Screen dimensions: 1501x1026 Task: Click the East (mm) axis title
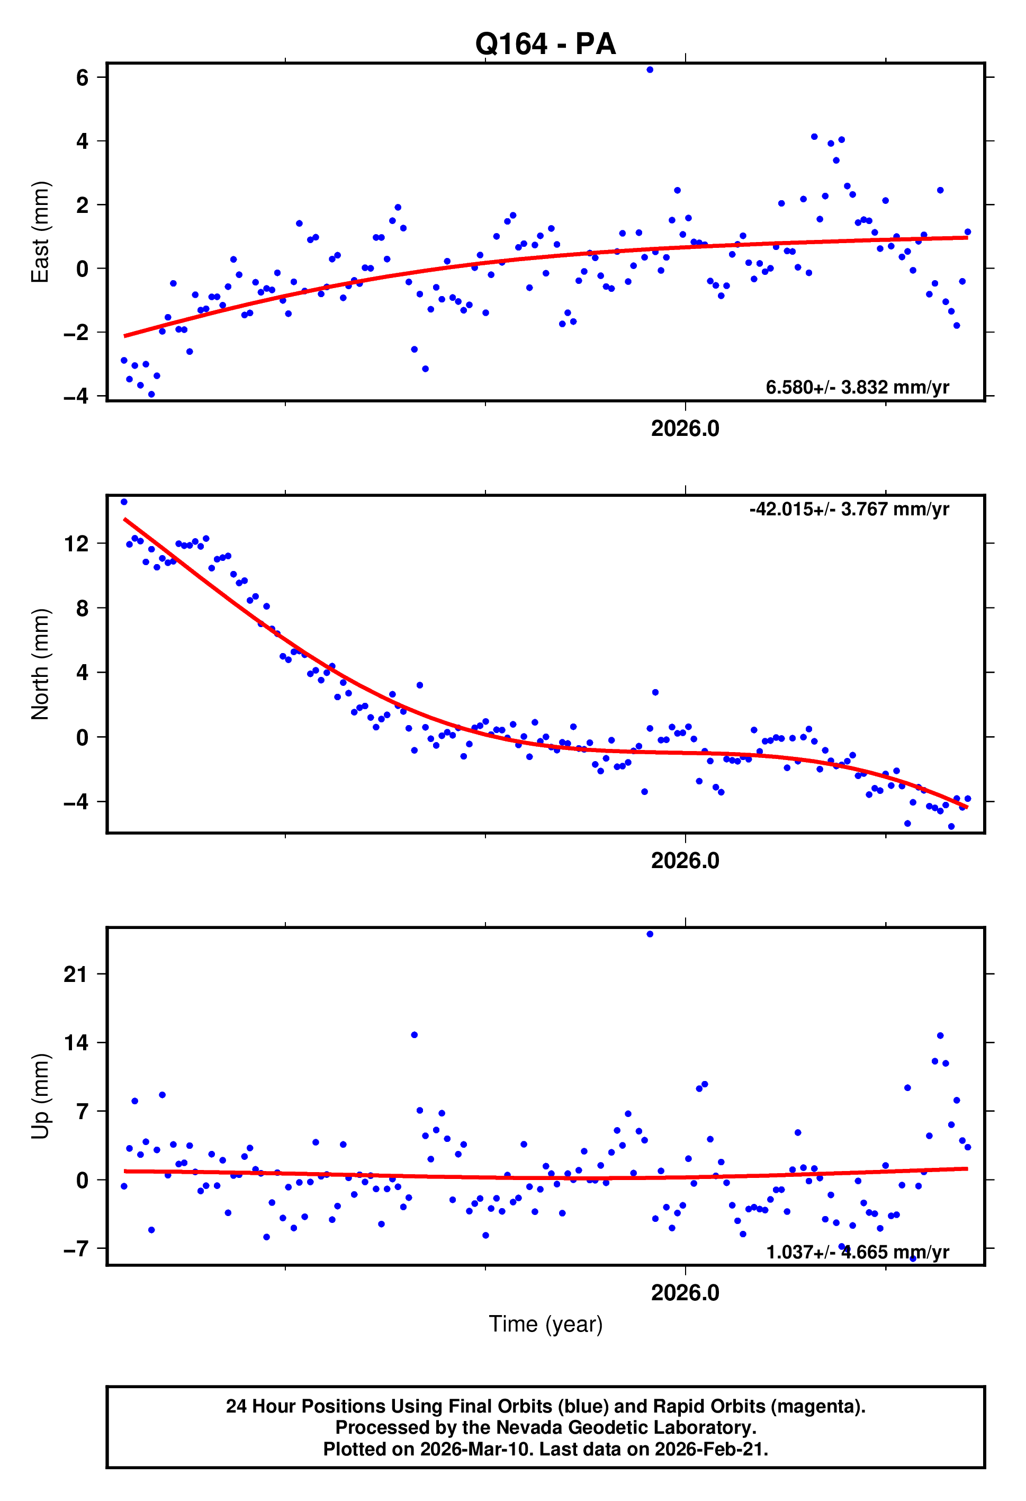point(40,232)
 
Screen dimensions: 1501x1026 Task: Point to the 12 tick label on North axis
point(76,544)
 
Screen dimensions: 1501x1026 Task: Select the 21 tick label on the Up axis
point(76,974)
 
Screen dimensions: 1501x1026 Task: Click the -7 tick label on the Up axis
point(76,1248)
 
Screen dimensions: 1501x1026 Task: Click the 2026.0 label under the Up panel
point(685,1292)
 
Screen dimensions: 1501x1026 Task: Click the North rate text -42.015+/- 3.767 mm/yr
point(849,509)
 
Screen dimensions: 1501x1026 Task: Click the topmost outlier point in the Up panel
point(650,934)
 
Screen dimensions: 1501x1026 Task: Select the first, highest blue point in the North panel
point(124,502)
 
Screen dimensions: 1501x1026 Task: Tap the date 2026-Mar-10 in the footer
point(476,1449)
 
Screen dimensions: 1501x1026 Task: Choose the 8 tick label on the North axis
point(82,609)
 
